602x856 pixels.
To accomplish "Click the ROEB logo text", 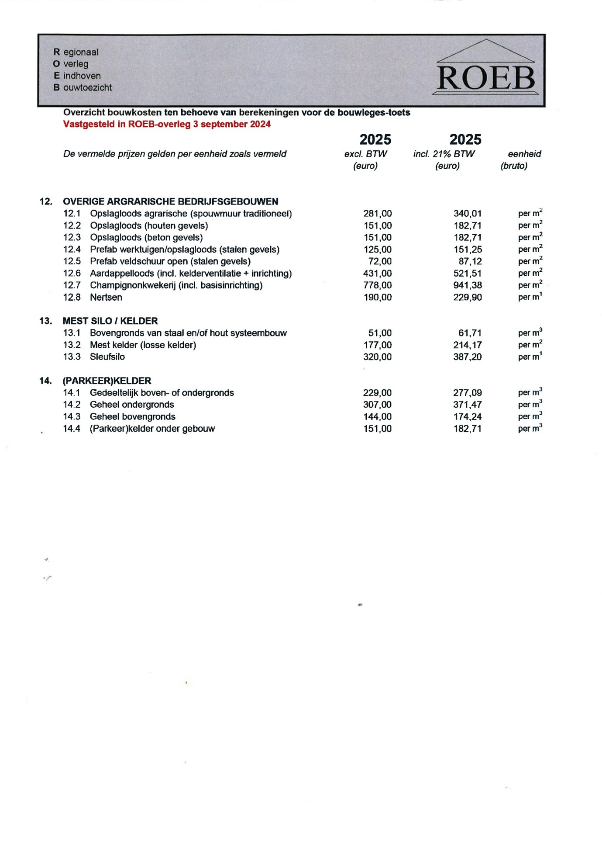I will click(485, 79).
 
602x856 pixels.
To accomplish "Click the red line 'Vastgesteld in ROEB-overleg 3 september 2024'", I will click(167, 124).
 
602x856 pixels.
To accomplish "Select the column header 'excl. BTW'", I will click(365, 154).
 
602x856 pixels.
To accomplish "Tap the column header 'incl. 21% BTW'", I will click(444, 154).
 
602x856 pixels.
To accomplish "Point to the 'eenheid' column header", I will click(524, 154).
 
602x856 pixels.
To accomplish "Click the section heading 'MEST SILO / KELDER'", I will click(110, 321).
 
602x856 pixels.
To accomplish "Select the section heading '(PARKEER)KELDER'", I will click(107, 381).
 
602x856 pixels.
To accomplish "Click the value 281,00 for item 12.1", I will click(377, 214).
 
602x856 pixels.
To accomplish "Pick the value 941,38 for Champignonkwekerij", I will click(467, 285).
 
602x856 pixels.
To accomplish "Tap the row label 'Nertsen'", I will click(106, 298).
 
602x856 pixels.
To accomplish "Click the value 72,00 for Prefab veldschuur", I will click(380, 261).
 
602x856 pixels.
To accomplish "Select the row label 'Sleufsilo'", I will click(107, 357).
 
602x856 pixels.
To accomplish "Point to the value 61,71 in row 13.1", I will click(470, 333).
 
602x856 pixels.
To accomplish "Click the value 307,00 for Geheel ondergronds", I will click(377, 405).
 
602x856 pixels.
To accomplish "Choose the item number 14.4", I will click(72, 429).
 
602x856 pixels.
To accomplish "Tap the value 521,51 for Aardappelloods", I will click(467, 274).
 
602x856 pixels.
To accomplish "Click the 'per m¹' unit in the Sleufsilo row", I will click(530, 357).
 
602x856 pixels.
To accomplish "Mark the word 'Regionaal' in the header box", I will click(76, 52).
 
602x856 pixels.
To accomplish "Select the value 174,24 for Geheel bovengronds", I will click(467, 417).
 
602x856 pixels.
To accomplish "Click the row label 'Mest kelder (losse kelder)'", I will click(143, 345).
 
